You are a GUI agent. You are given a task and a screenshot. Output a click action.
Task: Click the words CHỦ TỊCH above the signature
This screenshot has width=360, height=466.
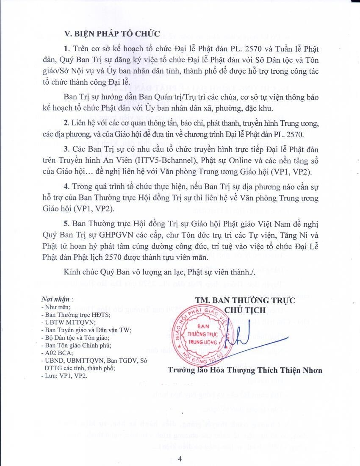coord(245,310)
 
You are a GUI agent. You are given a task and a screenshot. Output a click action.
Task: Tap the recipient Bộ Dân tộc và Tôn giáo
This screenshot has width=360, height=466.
coord(73,338)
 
